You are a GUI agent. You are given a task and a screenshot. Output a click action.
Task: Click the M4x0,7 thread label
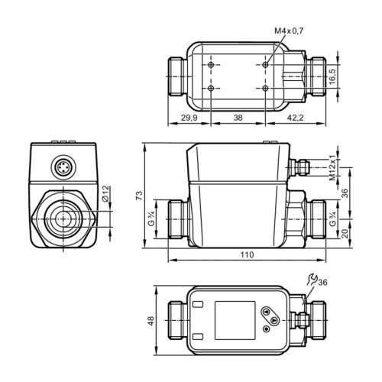(290, 30)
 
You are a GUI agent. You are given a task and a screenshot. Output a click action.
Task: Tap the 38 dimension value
(238, 118)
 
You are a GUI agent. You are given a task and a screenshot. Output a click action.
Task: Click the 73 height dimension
(139, 196)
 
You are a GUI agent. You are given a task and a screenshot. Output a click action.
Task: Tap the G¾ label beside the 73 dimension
(151, 221)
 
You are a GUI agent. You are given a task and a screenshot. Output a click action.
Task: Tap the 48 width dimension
(151, 320)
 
